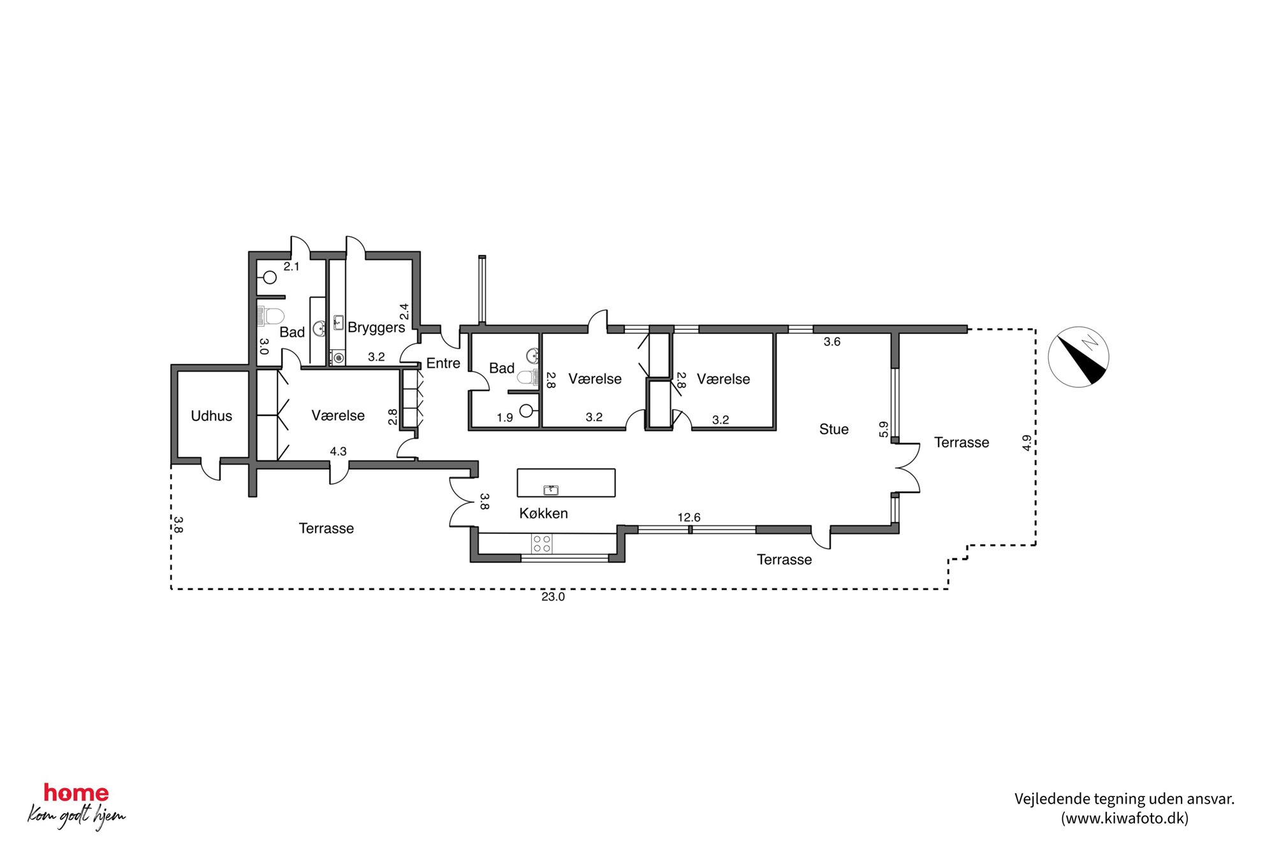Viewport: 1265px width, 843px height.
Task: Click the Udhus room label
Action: coord(211,416)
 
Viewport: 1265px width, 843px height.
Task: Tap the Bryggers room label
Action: coord(376,328)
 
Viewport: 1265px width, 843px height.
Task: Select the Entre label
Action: coord(443,363)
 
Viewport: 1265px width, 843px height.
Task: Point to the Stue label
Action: coord(834,429)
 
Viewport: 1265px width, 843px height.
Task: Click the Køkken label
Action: coord(543,513)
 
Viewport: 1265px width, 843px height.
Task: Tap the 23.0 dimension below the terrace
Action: coord(553,597)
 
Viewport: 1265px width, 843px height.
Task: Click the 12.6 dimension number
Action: coord(689,517)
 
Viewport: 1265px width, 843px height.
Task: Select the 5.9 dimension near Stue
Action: coord(884,429)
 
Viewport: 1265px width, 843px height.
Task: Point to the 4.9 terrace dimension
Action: coord(1027,443)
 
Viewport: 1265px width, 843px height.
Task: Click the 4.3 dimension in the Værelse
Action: coord(338,452)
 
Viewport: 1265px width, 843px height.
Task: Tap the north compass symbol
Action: coord(1079,357)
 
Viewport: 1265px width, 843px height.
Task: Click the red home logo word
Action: coord(76,793)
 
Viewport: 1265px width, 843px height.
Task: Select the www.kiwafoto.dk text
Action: coord(1125,818)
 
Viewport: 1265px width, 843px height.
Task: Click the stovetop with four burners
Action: coord(542,544)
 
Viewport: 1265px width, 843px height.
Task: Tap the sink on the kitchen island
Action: coord(551,490)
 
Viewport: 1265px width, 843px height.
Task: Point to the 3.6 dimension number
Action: coord(832,342)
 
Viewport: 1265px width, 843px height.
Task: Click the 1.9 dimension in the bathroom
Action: coord(505,418)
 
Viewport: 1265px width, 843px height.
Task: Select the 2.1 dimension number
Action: coord(291,267)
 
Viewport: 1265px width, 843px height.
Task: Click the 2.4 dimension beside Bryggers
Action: coord(404,312)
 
